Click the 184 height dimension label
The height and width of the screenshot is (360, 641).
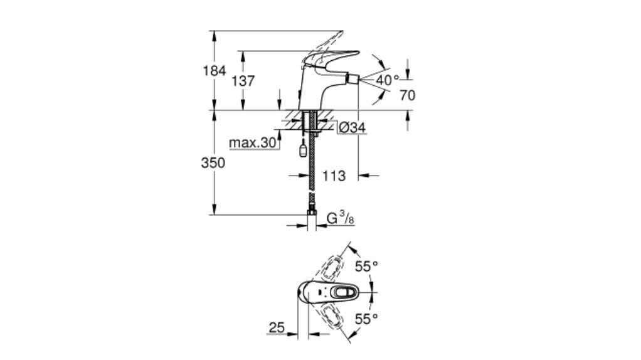click(214, 71)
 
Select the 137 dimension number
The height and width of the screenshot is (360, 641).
click(243, 81)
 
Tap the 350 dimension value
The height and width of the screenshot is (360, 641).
click(213, 162)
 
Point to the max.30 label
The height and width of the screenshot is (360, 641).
click(252, 143)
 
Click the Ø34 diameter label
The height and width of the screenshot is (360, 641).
click(352, 128)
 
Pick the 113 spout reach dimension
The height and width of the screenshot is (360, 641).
click(333, 176)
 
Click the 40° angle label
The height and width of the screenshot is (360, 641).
click(388, 80)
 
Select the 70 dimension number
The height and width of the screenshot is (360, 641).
click(407, 96)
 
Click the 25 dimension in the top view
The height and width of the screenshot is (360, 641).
click(277, 327)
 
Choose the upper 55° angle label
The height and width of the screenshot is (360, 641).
click(367, 266)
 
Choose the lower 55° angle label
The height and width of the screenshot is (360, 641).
click(367, 319)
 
